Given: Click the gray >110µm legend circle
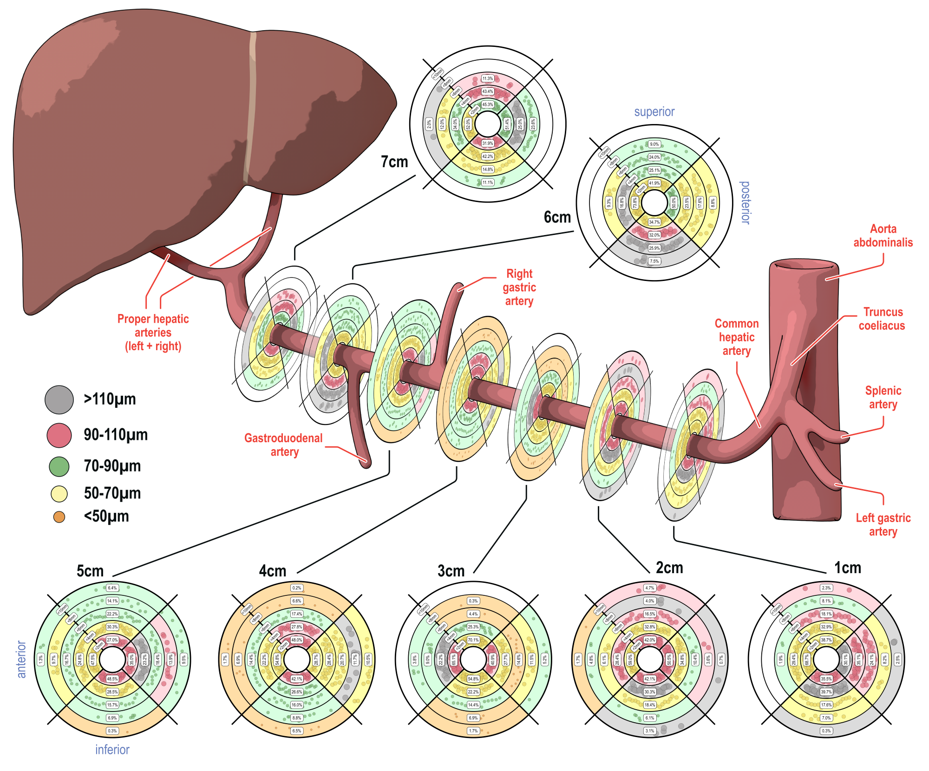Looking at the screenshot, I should pos(59,399).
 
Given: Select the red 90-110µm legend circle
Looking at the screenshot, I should pos(59,435).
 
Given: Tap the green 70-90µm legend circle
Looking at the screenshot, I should pos(59,466).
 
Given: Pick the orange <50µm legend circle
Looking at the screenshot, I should pos(59,517).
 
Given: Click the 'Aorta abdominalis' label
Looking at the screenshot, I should pos(883,235).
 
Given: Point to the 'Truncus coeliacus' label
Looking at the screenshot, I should pos(882,319).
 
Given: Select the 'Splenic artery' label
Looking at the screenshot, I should pos(883,398).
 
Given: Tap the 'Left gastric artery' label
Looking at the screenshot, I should pos(883,525).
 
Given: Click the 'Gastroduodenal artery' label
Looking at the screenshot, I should pos(284,445).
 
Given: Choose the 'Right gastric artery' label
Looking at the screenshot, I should pos(519,287).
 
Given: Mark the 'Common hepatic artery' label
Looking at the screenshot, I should pos(737,337).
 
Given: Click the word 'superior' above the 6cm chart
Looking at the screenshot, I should pos(654,112).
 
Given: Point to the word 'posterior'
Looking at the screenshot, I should pos(745,203).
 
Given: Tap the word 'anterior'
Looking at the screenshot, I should pos(21,659).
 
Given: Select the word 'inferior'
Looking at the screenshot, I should pos(112,750).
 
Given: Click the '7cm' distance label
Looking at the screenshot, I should pos(394,162).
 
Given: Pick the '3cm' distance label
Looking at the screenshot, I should pos(451,571).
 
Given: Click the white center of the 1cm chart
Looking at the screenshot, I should pos(826,659).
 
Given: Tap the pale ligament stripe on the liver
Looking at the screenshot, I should pos(250,107).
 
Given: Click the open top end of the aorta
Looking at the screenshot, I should pos(804,266).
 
